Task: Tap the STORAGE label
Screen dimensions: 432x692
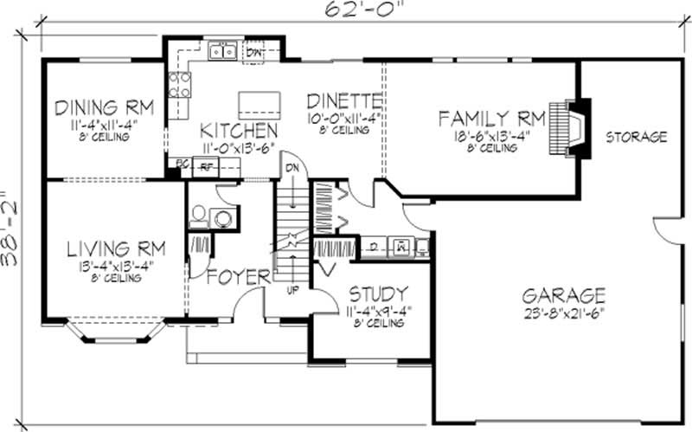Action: coord(636,137)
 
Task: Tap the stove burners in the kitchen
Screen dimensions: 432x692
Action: coord(180,84)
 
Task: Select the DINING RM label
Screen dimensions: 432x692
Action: coord(104,108)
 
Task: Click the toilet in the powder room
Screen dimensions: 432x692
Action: coord(197,213)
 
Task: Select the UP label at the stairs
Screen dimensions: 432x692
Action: coord(292,288)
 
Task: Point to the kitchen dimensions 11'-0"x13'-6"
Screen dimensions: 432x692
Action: coord(239,147)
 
